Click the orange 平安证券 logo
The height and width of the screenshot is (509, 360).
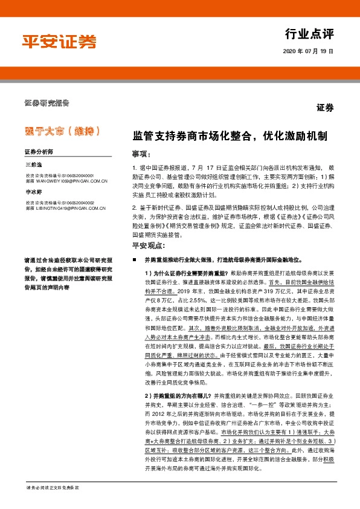tap(59, 42)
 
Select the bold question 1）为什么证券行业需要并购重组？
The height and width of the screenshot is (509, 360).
tap(187, 273)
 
